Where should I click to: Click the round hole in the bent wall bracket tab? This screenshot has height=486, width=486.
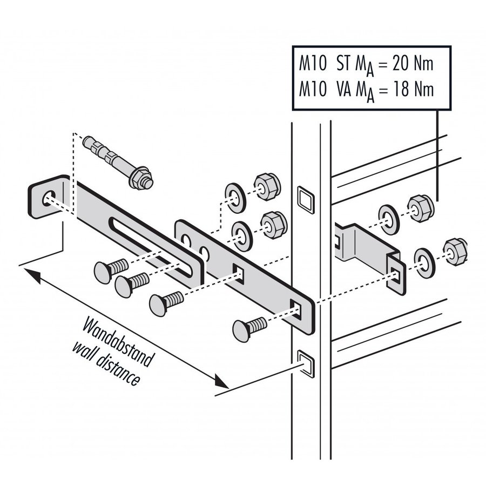coord(48,198)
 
